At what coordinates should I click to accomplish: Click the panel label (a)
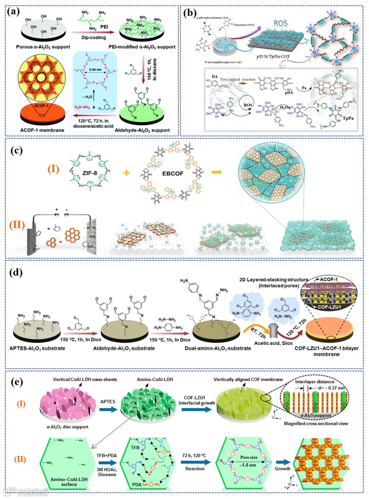14,11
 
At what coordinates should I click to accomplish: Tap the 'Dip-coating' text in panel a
93,38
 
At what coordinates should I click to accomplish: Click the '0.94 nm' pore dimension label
95,69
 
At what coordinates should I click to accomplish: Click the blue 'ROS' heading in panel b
281,23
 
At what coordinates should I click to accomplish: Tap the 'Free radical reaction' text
238,79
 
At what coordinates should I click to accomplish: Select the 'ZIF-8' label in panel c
90,173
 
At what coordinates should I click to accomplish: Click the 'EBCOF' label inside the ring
173,173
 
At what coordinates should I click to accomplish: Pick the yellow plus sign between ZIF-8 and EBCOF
126,173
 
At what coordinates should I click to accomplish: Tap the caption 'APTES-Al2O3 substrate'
37,348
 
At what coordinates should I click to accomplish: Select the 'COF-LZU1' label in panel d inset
329,307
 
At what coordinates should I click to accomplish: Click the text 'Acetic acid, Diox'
273,343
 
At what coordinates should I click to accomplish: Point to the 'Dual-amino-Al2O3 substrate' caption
218,348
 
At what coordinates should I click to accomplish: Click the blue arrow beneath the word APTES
108,409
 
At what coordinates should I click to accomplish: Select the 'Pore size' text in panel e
249,457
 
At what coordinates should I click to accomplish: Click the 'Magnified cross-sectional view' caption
316,424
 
